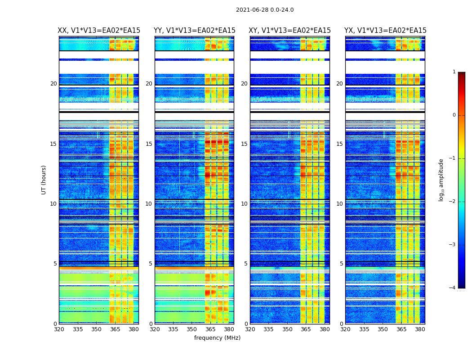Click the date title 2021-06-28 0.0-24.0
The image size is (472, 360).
point(265,10)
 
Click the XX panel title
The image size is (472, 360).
point(99,31)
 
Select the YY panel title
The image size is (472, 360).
point(194,31)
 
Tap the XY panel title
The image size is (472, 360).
point(290,31)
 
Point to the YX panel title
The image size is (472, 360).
point(385,31)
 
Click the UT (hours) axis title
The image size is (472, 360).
point(44,180)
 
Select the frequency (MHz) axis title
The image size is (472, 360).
point(217,338)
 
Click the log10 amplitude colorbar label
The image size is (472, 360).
point(441,180)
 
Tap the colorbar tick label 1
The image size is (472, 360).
point(454,72)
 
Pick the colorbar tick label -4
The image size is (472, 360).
point(453,288)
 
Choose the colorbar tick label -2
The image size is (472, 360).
point(453,202)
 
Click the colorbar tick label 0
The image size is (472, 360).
point(454,115)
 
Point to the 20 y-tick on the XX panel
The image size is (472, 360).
point(53,84)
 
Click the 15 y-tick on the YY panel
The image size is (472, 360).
point(149,144)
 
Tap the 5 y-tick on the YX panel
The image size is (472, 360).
point(341,264)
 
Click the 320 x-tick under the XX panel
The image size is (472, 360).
point(59,329)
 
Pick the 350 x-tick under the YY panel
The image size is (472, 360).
point(192,329)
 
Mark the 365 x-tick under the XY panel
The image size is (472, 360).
point(306,329)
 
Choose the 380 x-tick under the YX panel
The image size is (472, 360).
point(420,329)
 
